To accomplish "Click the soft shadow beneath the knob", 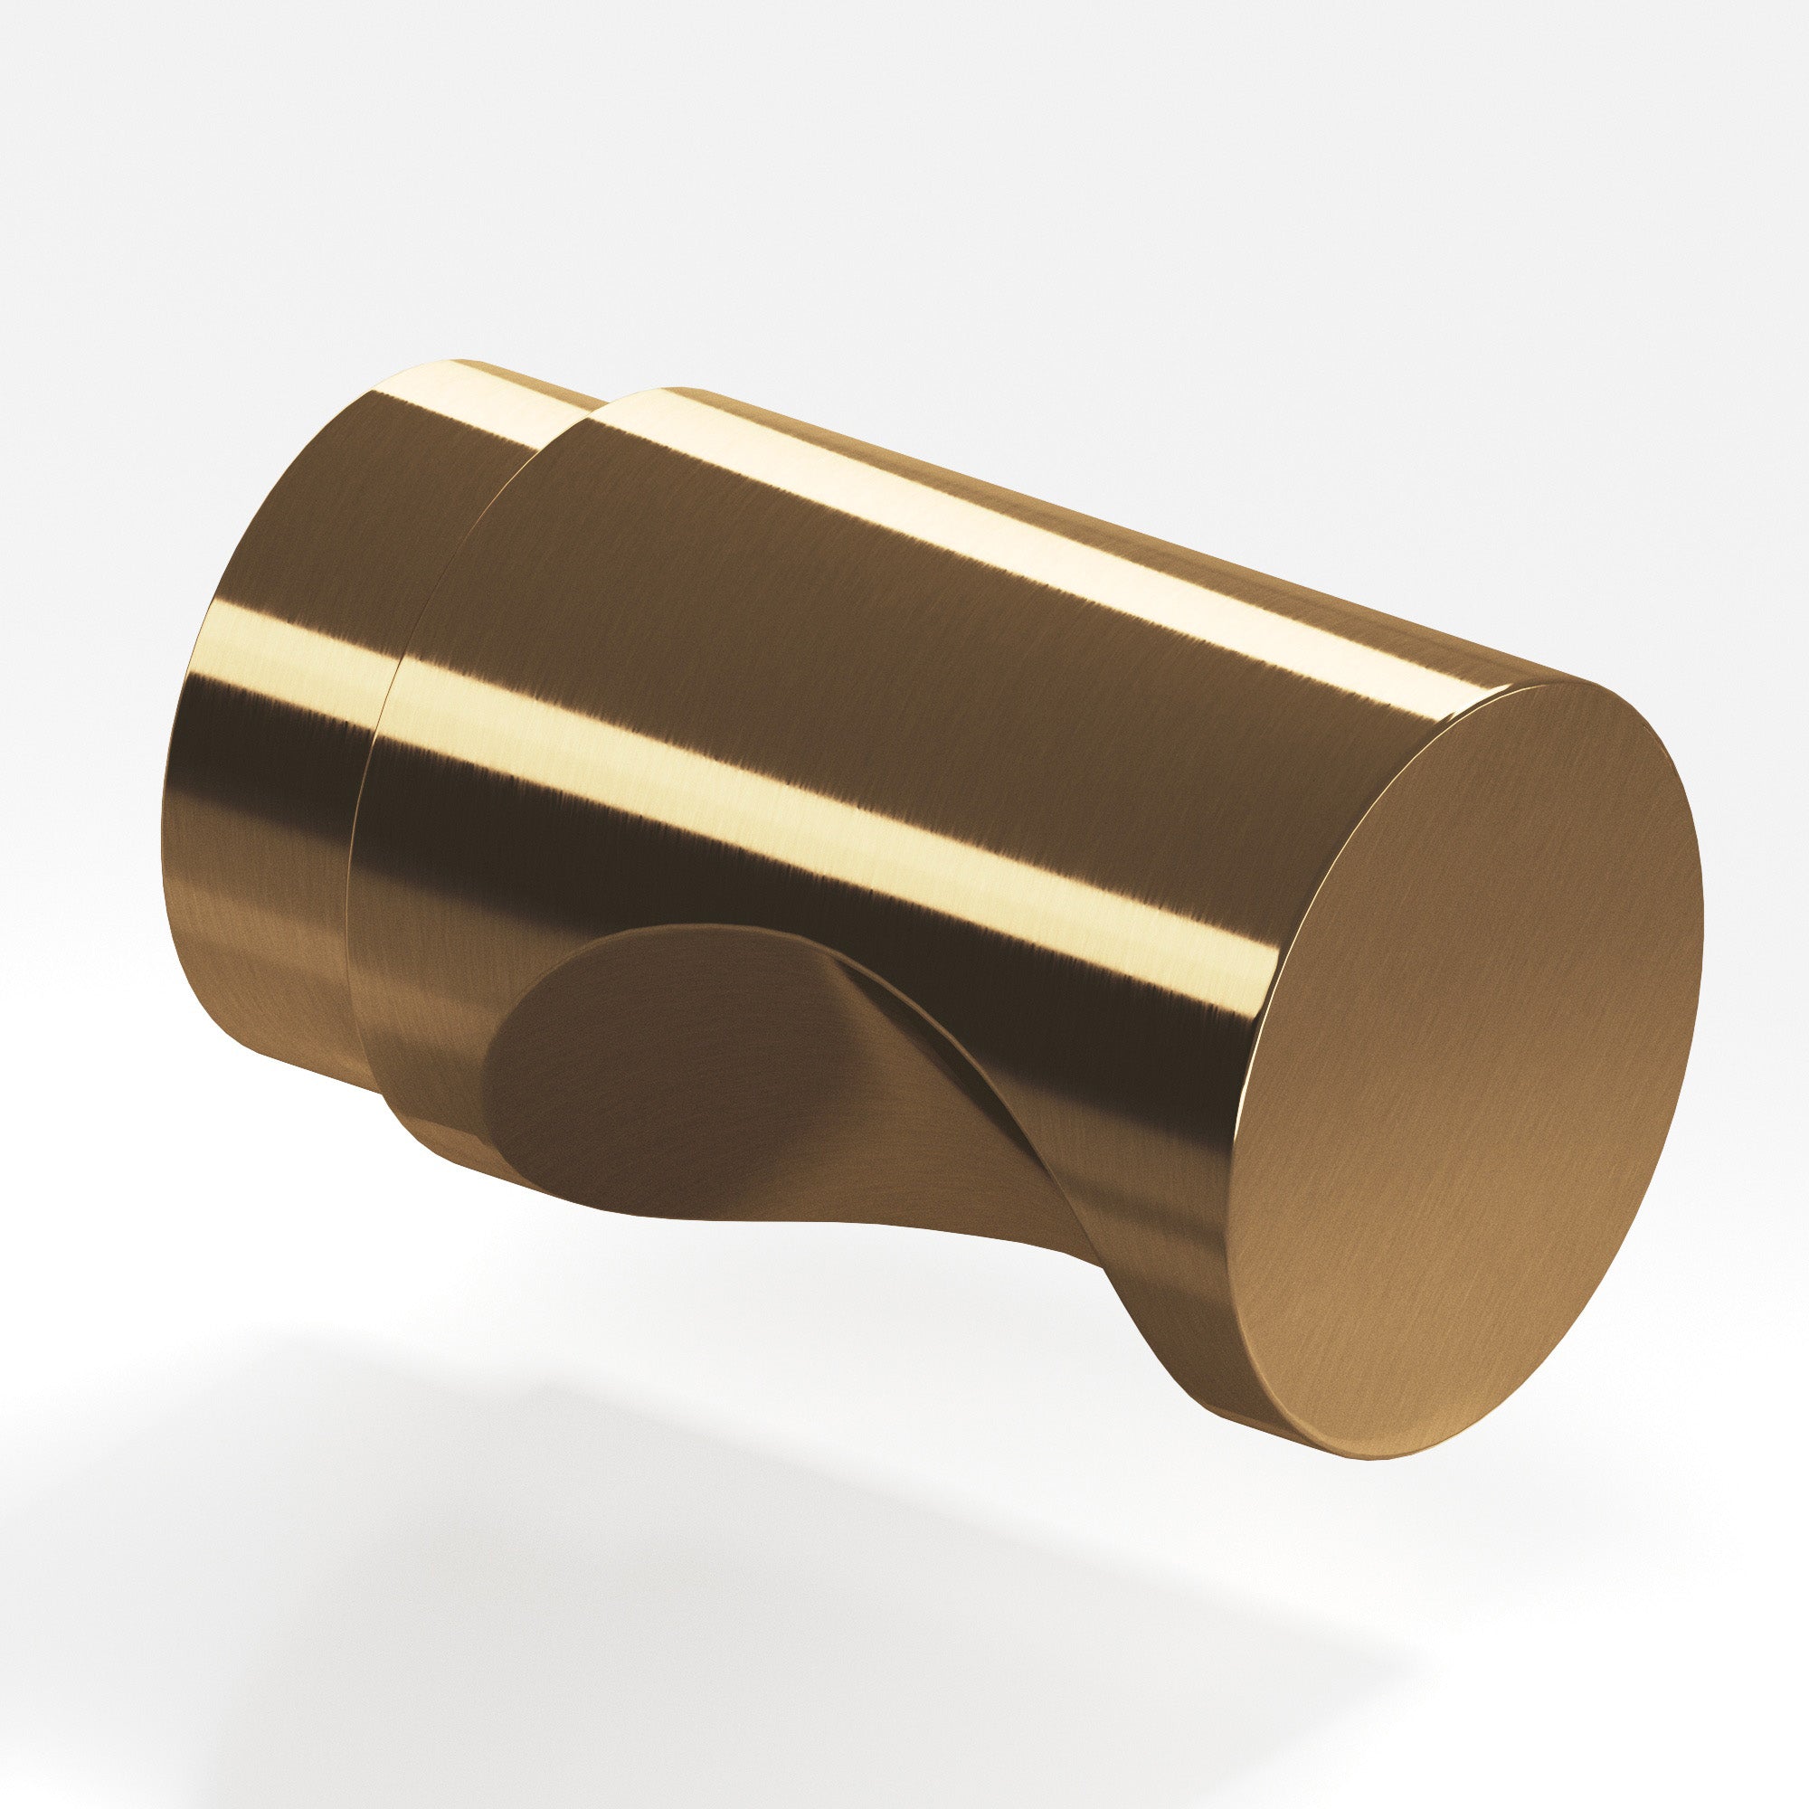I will tap(749, 1545).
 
